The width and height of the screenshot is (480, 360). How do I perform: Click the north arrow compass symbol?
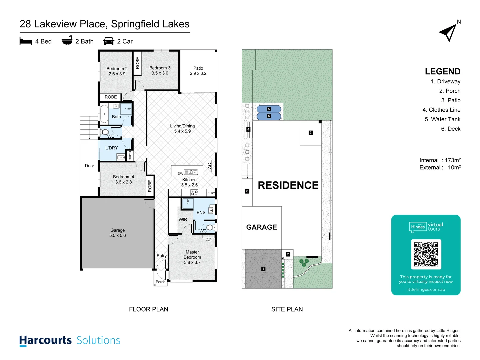[448, 33]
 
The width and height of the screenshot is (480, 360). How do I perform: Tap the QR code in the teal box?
[426, 254]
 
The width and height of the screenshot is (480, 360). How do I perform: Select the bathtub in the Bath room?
[104, 114]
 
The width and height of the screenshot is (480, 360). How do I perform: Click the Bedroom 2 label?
[117, 71]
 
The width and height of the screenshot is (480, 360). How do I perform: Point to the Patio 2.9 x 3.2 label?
[198, 71]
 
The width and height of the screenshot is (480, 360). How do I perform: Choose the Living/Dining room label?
[182, 128]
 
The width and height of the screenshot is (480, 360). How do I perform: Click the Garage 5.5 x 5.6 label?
[118, 233]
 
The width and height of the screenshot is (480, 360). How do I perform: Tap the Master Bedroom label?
[192, 257]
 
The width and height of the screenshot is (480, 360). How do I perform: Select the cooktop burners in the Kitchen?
[194, 193]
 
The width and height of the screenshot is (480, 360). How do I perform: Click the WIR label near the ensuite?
[183, 220]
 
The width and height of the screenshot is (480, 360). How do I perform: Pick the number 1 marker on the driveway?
[263, 269]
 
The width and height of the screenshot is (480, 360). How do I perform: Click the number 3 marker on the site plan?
[311, 133]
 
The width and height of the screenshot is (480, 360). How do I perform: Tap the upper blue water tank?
[269, 109]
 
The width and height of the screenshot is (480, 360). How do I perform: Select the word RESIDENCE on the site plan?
[288, 185]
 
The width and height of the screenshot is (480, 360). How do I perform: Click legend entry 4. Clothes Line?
[441, 110]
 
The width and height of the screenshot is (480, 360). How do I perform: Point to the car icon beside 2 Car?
[109, 41]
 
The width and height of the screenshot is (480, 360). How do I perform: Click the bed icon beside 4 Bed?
[26, 41]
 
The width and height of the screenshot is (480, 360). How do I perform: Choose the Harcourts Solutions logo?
[70, 340]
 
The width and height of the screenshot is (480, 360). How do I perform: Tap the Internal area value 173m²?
[452, 160]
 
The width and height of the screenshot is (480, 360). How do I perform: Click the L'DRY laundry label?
[112, 148]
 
